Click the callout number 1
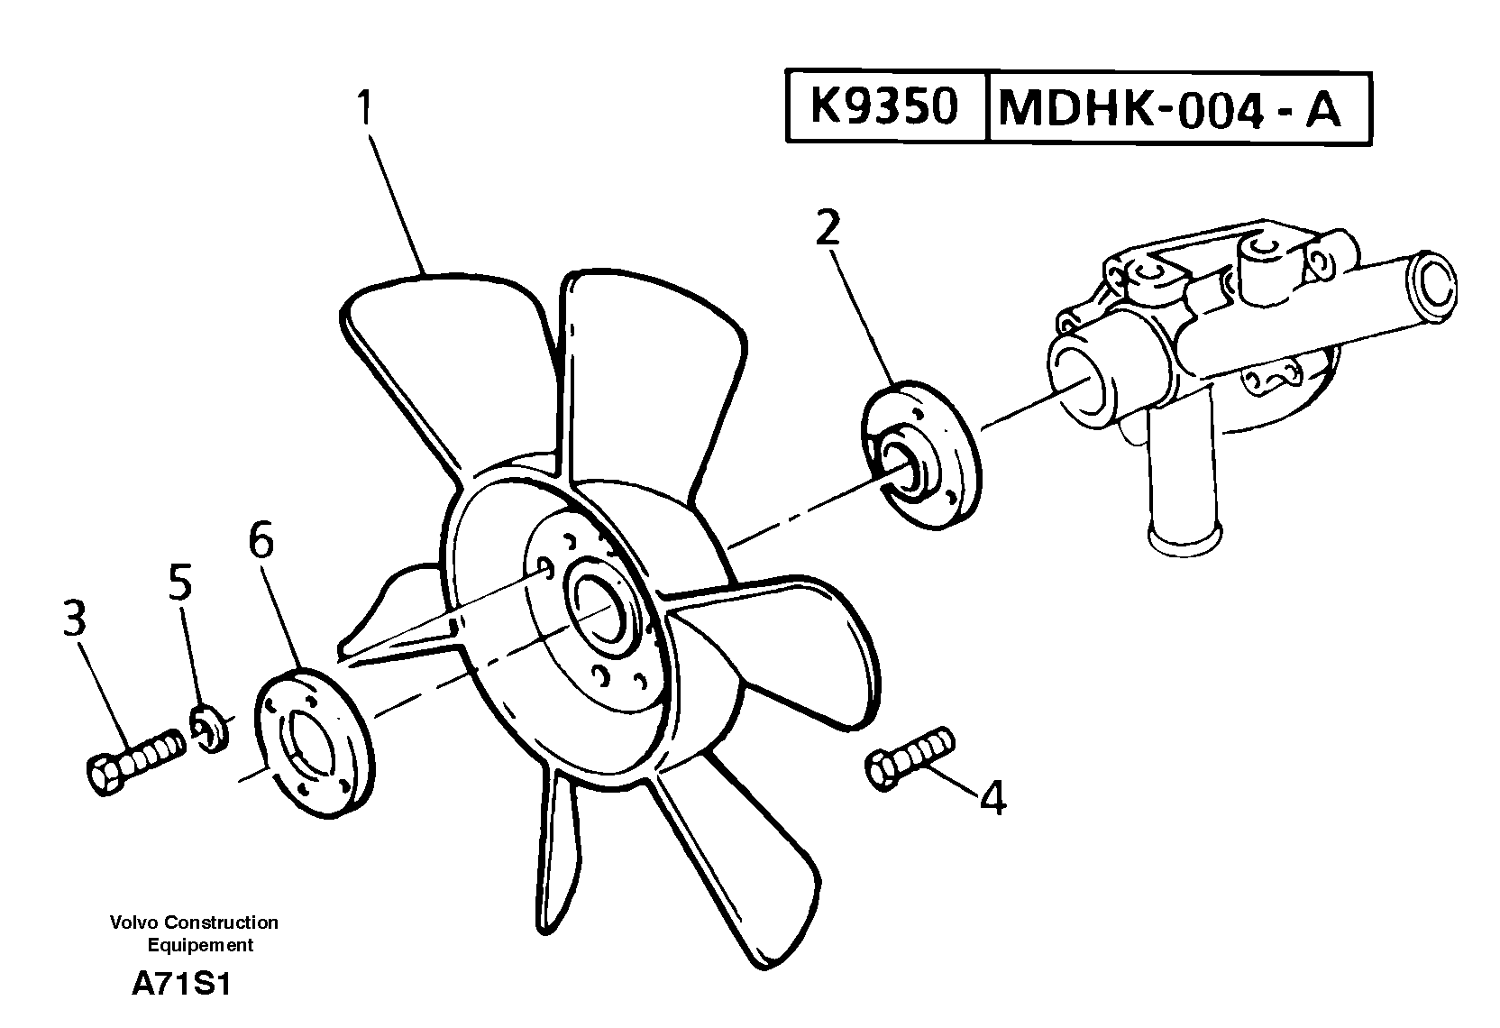tap(364, 108)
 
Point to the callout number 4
tap(992, 798)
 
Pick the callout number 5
tap(180, 583)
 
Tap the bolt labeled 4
tap(909, 758)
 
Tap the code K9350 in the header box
tap(883, 107)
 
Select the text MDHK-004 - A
tap(1169, 109)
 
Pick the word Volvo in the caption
tap(130, 922)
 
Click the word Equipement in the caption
tap(200, 946)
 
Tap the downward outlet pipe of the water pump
tap(1183, 505)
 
